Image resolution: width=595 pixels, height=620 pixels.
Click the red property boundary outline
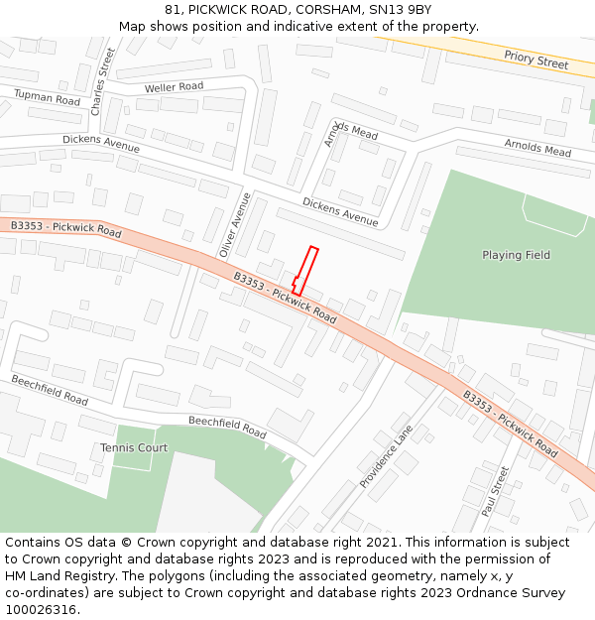coord(305,271)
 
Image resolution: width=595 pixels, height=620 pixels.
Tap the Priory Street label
coord(535,61)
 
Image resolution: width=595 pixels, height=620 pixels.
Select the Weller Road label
coord(174,87)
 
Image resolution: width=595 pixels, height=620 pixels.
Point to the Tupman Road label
coord(47,97)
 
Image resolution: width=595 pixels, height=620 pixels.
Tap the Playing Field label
coord(516,255)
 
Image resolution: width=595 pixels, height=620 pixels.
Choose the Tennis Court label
coord(134,447)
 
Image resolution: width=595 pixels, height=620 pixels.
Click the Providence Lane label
coord(386,456)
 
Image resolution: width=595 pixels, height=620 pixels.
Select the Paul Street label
coord(495,491)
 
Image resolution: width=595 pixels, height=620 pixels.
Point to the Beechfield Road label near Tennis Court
coord(227,428)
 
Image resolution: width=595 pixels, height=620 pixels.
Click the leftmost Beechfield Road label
coord(50,390)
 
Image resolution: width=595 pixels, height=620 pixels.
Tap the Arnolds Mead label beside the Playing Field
coord(537,148)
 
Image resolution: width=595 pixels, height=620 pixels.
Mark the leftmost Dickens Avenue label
coord(100,145)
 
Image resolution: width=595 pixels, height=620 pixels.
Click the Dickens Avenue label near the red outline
coord(340,211)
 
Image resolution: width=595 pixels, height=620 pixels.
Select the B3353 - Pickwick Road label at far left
coord(65,229)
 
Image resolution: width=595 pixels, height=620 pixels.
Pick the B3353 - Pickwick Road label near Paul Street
coord(510,422)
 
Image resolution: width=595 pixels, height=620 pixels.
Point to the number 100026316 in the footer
coord(41,609)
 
